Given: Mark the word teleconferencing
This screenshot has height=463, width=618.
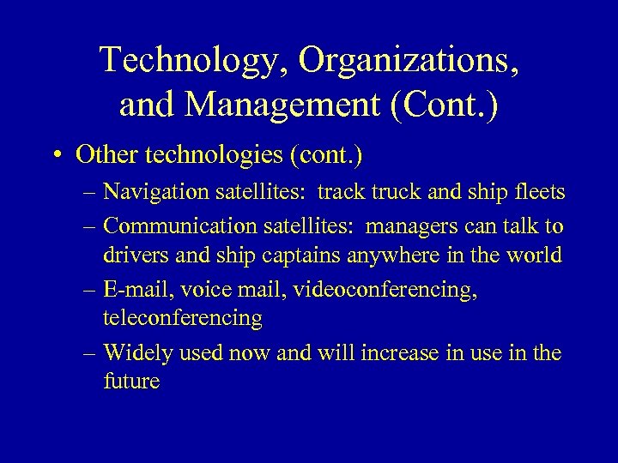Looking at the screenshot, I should [x=183, y=318].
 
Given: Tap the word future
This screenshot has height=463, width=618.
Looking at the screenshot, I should [x=131, y=382].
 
